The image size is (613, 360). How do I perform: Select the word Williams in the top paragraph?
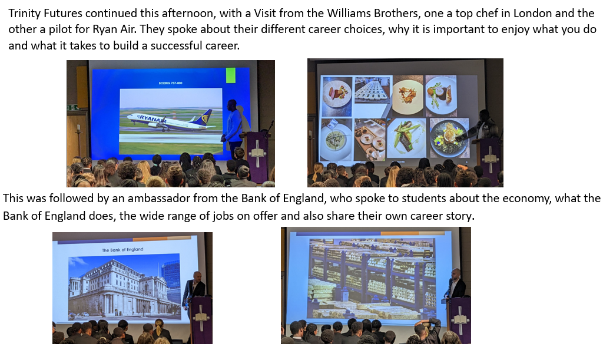pos(347,14)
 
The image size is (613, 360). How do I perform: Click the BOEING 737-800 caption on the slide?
pos(170,83)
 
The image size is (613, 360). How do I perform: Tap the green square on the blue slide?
pos(231,75)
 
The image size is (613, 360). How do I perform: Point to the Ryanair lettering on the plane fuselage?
pos(150,118)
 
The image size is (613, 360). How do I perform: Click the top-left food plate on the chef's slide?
pos(336,94)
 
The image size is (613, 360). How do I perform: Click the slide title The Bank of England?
pos(122,250)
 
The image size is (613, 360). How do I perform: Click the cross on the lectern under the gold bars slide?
pos(460,321)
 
